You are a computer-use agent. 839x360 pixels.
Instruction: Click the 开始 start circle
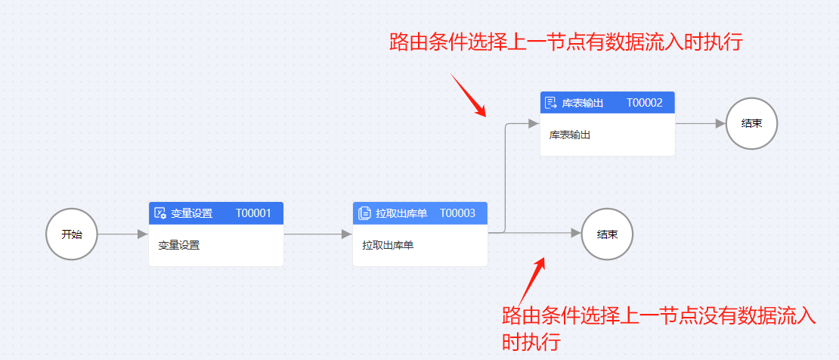point(72,234)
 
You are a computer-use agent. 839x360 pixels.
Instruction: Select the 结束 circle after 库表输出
point(751,123)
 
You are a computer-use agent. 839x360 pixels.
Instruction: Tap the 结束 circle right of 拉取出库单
point(608,234)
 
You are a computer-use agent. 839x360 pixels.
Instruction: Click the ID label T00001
point(253,213)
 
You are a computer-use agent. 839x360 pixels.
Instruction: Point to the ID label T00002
point(645,103)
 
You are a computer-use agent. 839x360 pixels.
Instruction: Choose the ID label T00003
point(457,213)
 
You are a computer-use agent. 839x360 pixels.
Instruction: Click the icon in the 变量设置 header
point(160,213)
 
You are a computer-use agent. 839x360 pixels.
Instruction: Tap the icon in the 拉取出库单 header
point(364,213)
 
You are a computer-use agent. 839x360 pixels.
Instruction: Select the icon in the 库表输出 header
point(551,103)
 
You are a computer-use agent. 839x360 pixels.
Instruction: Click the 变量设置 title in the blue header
point(192,213)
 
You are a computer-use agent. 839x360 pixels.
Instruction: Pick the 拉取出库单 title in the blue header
point(401,213)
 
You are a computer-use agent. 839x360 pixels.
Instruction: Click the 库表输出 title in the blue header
point(583,103)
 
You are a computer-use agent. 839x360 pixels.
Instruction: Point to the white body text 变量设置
point(179,245)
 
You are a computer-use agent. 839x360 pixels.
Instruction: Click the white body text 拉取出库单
point(388,245)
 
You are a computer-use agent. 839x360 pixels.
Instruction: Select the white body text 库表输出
point(570,135)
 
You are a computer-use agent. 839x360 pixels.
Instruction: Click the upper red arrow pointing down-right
point(469,95)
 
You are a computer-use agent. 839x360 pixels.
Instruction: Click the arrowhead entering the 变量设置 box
point(143,234)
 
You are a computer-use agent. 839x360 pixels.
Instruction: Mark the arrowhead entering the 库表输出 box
point(534,123)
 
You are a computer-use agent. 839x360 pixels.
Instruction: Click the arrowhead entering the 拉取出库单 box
point(347,234)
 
